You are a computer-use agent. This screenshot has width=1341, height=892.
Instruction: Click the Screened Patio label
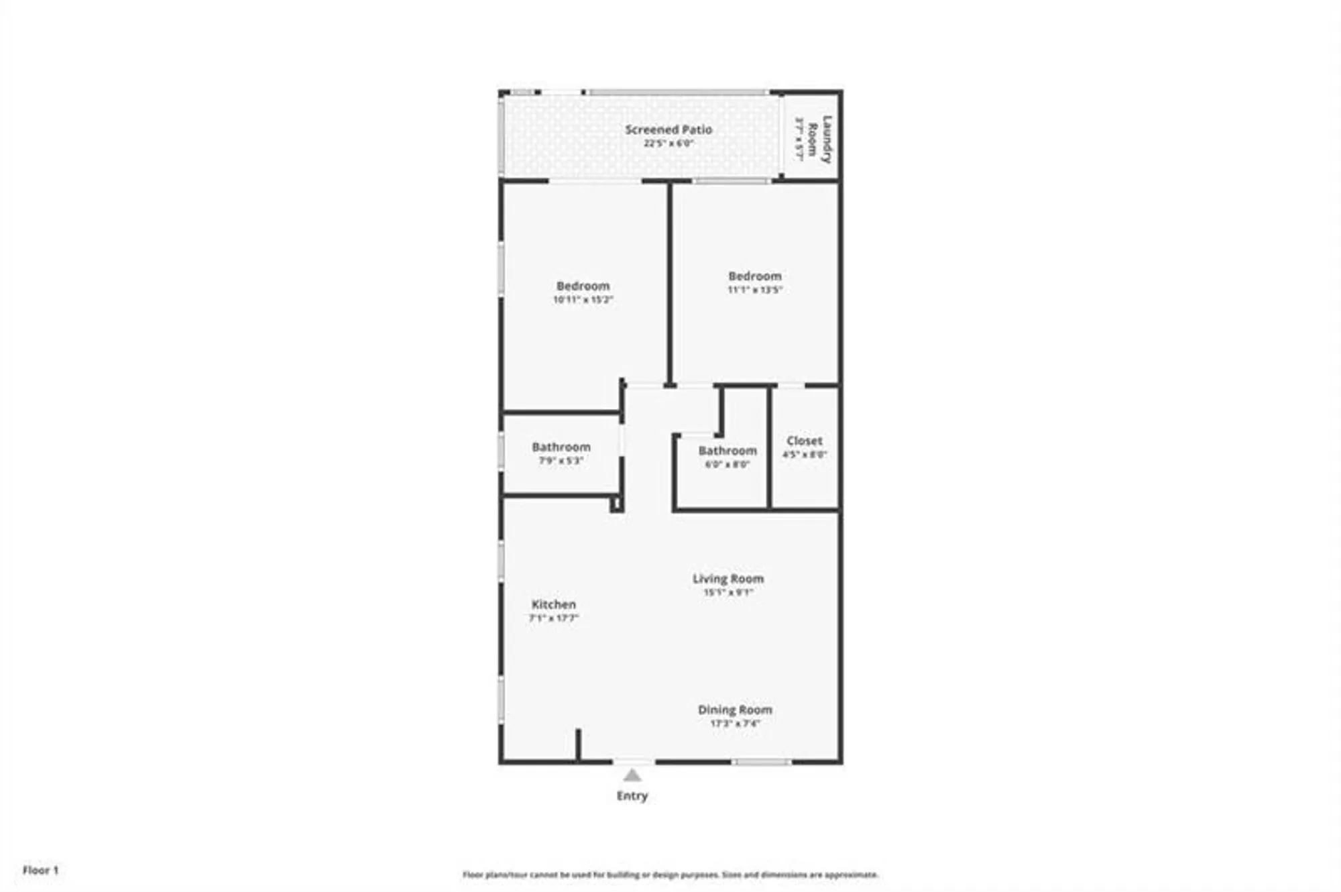(668, 129)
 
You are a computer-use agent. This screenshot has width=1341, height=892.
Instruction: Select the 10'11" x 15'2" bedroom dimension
(583, 300)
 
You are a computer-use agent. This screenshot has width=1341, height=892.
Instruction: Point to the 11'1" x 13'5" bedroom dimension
(755, 290)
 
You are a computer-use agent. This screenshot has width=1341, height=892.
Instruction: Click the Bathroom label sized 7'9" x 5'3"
(561, 447)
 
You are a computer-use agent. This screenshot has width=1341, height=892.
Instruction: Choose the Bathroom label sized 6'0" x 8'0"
(727, 451)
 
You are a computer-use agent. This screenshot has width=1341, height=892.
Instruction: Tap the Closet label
(804, 441)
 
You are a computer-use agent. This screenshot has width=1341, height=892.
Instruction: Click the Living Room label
(728, 578)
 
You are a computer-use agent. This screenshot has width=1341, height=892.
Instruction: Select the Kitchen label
(553, 604)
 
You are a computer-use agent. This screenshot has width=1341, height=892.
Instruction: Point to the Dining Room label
(735, 710)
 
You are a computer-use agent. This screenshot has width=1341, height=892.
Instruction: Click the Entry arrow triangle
(632, 776)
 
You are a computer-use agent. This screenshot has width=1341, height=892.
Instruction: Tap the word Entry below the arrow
(632, 796)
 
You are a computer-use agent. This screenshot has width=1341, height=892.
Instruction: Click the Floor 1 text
(41, 870)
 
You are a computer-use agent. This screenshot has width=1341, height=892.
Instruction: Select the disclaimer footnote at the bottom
(670, 875)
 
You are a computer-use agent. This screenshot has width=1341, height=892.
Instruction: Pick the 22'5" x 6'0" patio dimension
(668, 144)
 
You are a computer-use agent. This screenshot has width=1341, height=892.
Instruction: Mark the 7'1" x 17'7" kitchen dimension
(553, 618)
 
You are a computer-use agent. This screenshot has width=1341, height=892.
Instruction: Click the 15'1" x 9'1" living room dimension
(728, 592)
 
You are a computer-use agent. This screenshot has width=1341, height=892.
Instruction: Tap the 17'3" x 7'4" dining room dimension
(735, 724)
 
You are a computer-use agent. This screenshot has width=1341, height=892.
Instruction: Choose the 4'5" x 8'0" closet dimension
(804, 455)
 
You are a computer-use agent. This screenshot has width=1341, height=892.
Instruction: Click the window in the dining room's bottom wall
(760, 762)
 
